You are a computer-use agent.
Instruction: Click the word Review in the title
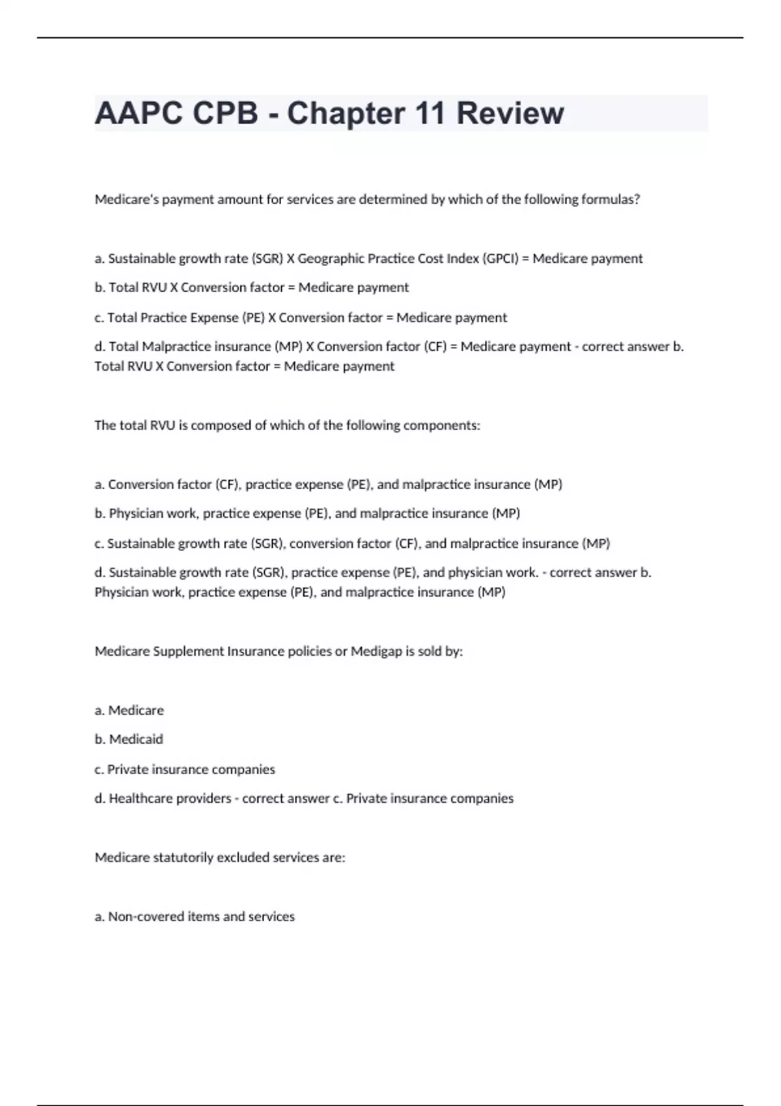(510, 113)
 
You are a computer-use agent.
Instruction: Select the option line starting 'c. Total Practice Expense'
(301, 317)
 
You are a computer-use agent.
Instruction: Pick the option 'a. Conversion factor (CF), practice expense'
(328, 485)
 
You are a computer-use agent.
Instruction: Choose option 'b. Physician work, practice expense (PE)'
(307, 513)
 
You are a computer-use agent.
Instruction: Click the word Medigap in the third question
(376, 651)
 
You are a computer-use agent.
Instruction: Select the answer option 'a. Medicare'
(130, 710)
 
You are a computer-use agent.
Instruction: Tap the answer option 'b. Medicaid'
(129, 740)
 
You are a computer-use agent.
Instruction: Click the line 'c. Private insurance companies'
(185, 770)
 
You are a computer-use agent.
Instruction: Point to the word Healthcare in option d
(137, 798)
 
